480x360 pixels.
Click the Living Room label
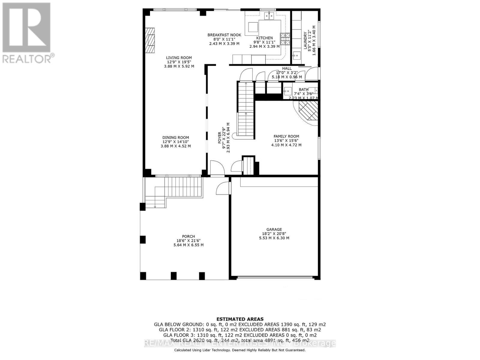coord(179,58)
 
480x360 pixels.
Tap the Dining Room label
coord(176,138)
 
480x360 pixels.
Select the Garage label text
coord(274,229)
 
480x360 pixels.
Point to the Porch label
coord(188,236)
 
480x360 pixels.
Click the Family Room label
coord(286,136)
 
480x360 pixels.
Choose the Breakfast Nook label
coord(224,35)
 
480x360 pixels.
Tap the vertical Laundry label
coord(305,40)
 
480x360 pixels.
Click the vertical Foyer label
coord(220,137)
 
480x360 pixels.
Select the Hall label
coord(287,68)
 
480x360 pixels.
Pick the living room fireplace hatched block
coord(150,40)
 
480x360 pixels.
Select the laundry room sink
coord(296,56)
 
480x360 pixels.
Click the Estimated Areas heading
coord(240,319)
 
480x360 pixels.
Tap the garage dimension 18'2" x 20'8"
coord(274,234)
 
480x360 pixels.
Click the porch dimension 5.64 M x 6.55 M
coord(188,245)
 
